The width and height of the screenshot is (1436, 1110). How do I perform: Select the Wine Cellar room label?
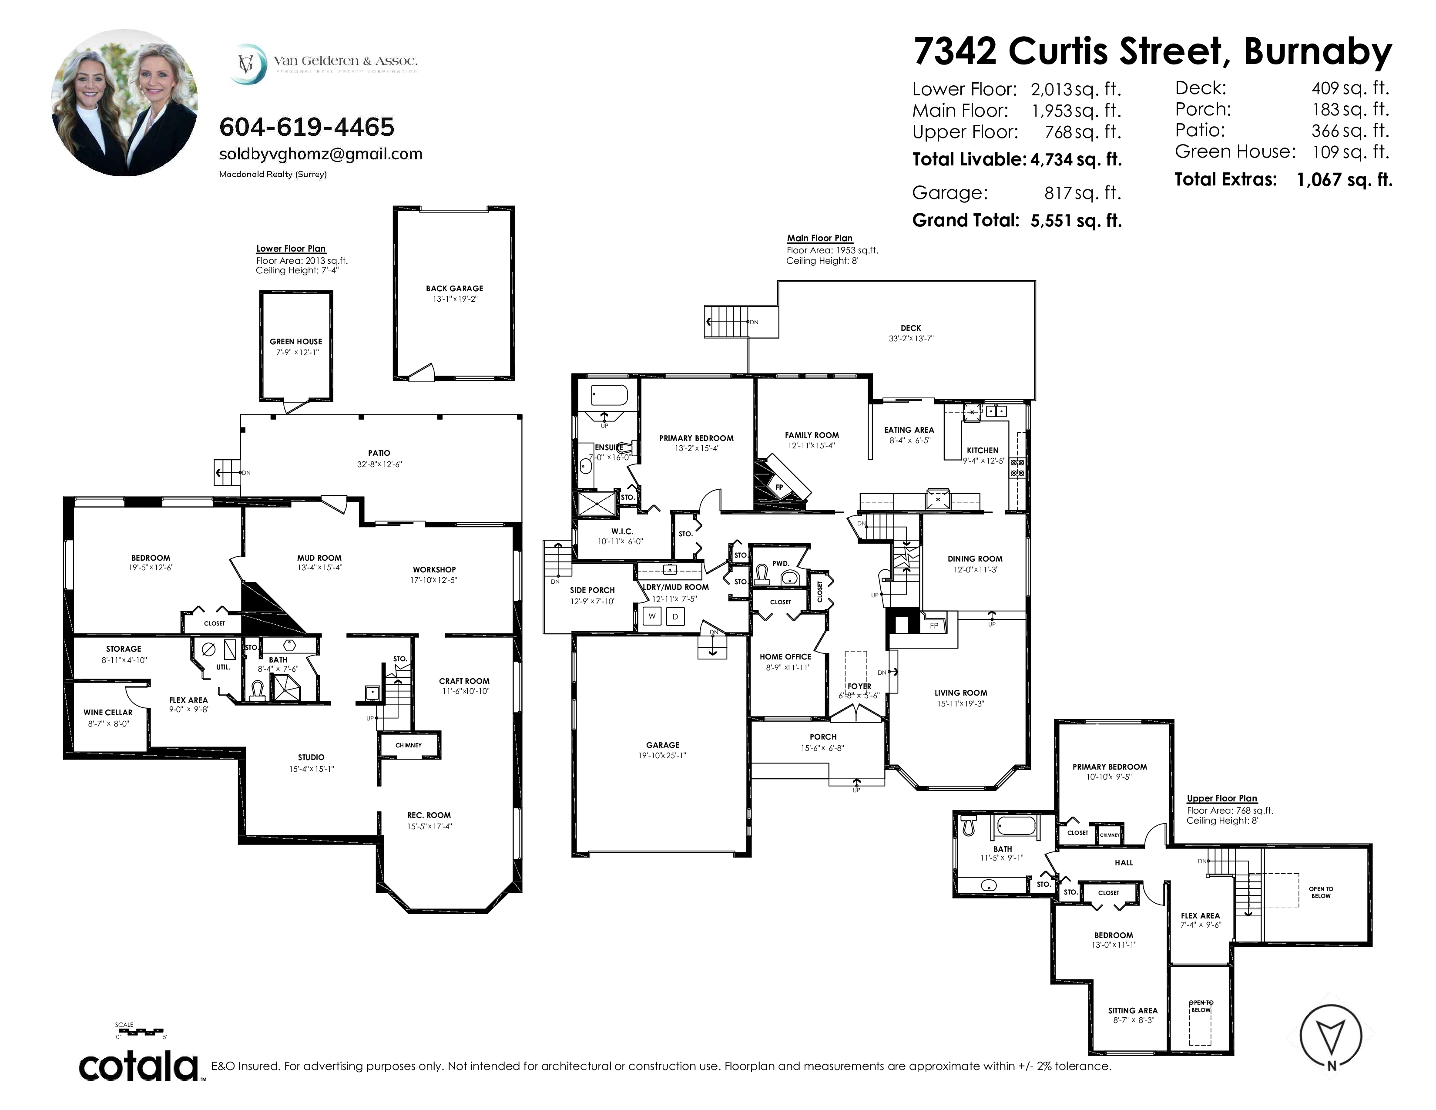108,712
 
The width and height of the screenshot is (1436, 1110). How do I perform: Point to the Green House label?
296,341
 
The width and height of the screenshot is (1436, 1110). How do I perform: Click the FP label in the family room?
779,487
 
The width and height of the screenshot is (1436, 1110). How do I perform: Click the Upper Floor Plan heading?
1221,798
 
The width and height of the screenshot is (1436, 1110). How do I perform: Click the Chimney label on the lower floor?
408,745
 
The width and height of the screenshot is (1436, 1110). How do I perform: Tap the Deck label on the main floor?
911,327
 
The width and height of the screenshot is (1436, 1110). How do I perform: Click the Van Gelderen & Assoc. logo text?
345,61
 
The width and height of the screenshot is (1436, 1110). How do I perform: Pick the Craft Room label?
464,681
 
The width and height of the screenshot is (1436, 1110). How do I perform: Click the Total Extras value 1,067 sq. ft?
1345,179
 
